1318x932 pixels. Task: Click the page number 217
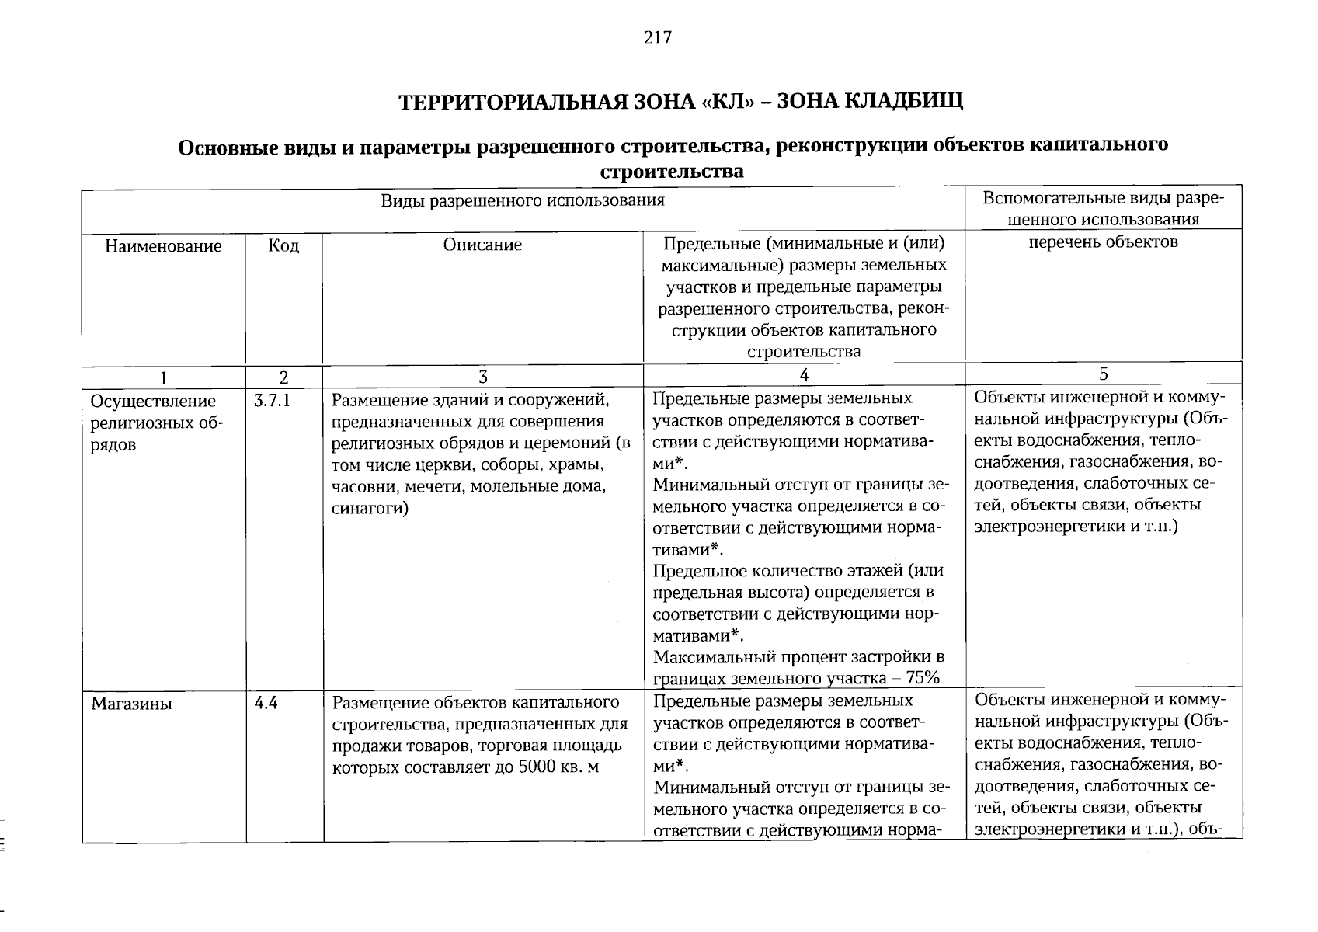point(657,38)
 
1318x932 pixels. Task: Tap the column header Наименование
point(164,247)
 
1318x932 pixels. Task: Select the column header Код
point(283,246)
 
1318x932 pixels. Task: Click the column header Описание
point(482,245)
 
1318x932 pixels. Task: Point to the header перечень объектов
point(1103,242)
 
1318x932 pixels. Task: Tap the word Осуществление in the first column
point(153,402)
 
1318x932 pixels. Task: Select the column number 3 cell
point(483,377)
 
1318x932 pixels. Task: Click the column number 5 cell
point(1103,374)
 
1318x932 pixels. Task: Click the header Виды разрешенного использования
point(522,201)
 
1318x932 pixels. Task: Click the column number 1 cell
point(164,378)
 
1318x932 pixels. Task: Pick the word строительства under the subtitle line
point(673,172)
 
